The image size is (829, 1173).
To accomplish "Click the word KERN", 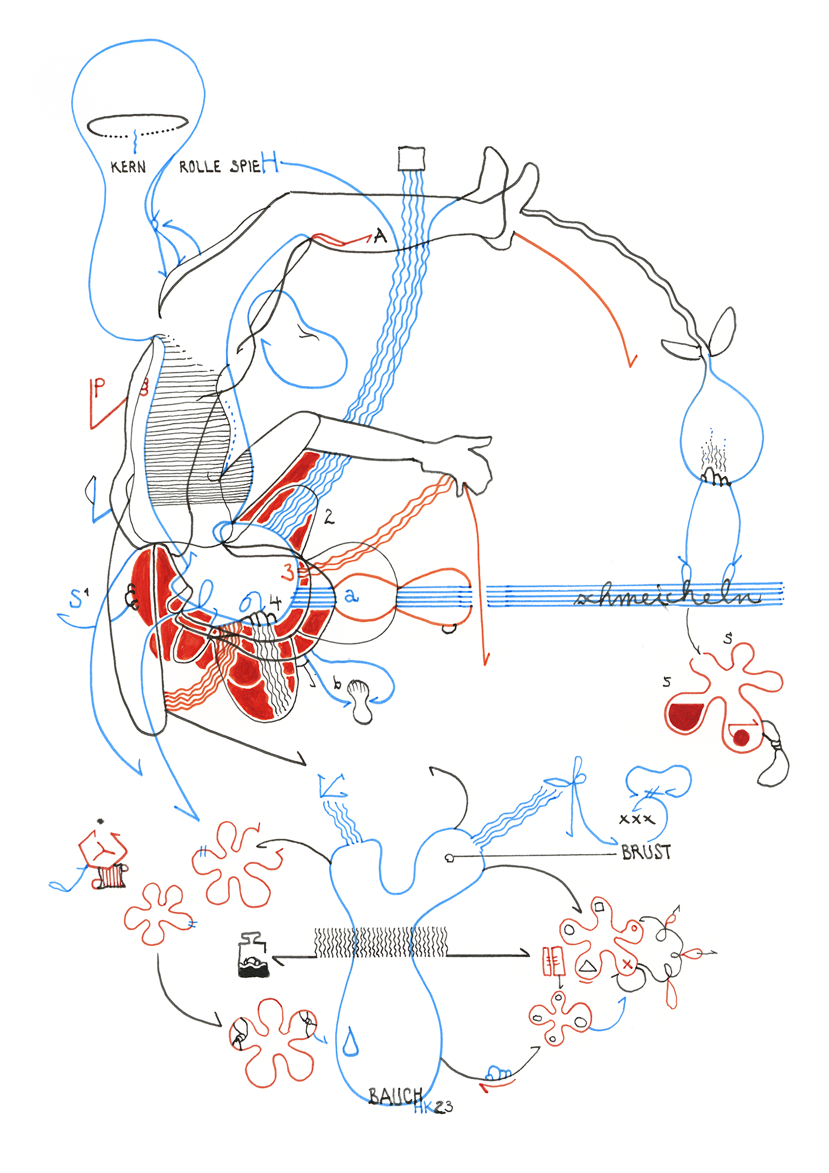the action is (x=128, y=167).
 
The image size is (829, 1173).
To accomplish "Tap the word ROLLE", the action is (x=200, y=167).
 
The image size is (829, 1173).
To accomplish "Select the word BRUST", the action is (x=646, y=852).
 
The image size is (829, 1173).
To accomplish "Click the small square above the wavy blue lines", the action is (x=411, y=159).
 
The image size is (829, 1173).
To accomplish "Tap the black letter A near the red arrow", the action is (x=380, y=237).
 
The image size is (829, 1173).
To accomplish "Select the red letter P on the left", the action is (x=99, y=388).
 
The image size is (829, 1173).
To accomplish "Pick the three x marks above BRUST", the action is (x=636, y=819).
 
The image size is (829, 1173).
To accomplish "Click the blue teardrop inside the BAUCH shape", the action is (x=351, y=1042).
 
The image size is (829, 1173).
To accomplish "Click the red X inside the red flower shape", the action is (x=627, y=964).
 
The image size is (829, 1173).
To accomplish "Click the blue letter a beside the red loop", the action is (x=351, y=596).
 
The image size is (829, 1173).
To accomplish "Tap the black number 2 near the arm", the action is (x=329, y=517).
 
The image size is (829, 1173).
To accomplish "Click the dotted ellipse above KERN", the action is (x=138, y=125).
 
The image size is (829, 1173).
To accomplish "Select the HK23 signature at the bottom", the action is (x=433, y=1107).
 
